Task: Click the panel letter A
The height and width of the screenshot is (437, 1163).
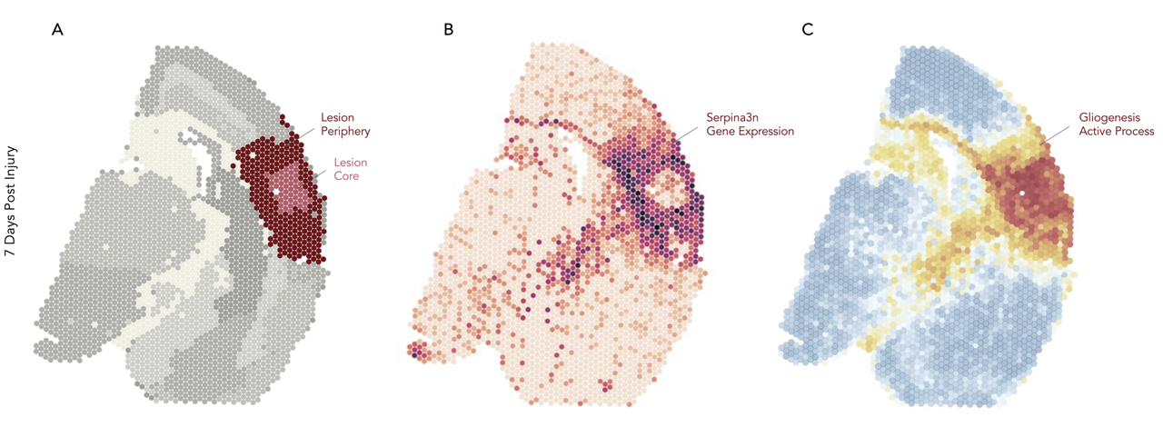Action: (57, 29)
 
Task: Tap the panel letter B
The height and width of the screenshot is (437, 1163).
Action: (448, 29)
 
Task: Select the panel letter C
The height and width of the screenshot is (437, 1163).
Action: (809, 29)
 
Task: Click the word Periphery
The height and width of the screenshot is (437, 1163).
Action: (345, 132)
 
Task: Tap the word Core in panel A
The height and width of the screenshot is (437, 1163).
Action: (345, 175)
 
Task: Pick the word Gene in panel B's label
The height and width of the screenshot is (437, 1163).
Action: (722, 132)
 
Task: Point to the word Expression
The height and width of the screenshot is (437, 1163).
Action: (767, 132)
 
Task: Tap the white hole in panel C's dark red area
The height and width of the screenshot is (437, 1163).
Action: (1022, 194)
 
